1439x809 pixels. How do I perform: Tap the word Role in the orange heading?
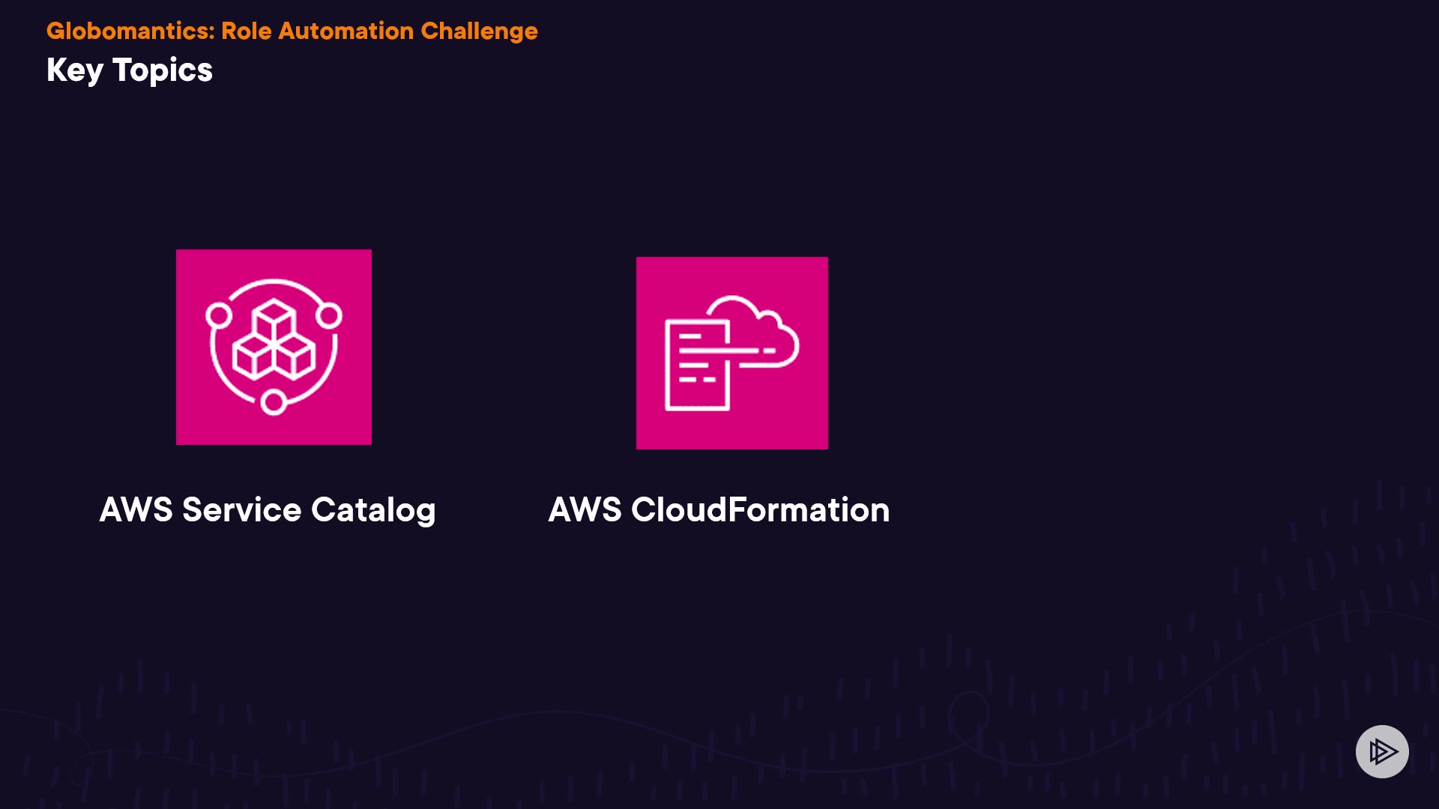247,31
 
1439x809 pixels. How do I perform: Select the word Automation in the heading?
346,31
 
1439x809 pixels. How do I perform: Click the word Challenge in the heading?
479,31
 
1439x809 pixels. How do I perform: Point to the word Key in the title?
75,70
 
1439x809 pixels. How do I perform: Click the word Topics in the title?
163,70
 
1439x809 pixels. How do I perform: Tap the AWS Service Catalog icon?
274,347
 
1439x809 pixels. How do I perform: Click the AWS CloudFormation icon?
731,353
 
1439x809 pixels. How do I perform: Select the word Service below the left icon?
241,510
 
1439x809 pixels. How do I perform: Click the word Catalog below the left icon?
373,510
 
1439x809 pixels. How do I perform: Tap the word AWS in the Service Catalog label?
136,510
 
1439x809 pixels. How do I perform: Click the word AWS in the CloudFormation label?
585,510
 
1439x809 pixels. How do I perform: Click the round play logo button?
1382,751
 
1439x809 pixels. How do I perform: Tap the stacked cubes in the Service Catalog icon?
274,341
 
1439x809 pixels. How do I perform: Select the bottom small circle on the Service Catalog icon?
274,402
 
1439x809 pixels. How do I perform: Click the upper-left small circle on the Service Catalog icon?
219,315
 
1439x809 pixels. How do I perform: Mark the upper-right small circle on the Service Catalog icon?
329,315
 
